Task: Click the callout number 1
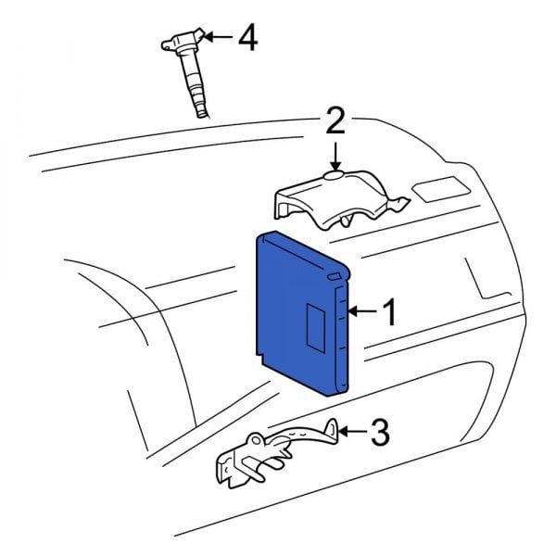389,313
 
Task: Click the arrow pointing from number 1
364,313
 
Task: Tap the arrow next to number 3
352,430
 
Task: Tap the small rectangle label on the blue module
315,321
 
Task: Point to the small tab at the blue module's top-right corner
334,275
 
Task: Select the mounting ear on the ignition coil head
165,42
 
